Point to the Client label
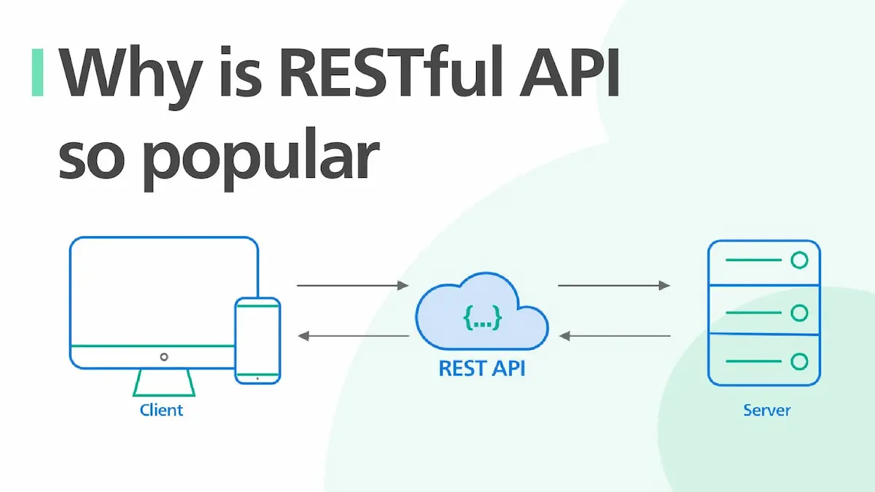(161, 410)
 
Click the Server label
(766, 410)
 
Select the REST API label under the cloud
(482, 368)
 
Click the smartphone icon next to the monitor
(257, 340)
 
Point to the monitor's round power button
(164, 356)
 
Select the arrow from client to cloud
(353, 286)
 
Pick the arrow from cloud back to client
(353, 336)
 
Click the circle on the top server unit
(800, 260)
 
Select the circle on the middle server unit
(800, 313)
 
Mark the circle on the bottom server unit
(800, 361)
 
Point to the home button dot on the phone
(257, 378)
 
